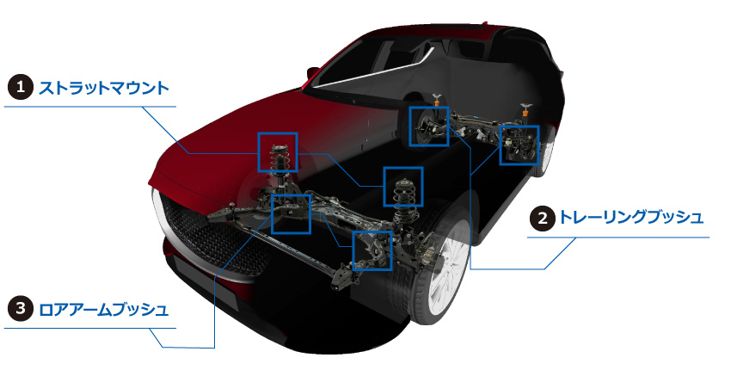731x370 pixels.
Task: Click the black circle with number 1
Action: [21, 87]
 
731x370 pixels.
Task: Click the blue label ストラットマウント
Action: [103, 87]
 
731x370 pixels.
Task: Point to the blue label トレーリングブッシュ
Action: [630, 218]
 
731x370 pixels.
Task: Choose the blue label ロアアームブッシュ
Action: [103, 309]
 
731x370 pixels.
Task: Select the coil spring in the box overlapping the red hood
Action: [279, 159]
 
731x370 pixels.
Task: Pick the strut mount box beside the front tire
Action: [402, 187]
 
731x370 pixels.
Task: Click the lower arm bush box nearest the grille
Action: [291, 213]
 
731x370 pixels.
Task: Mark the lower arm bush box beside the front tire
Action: [372, 250]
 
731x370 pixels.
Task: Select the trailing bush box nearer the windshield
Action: [429, 126]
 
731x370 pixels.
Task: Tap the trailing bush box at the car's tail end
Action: [519, 145]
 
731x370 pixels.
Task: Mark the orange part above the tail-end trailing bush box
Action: [525, 112]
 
